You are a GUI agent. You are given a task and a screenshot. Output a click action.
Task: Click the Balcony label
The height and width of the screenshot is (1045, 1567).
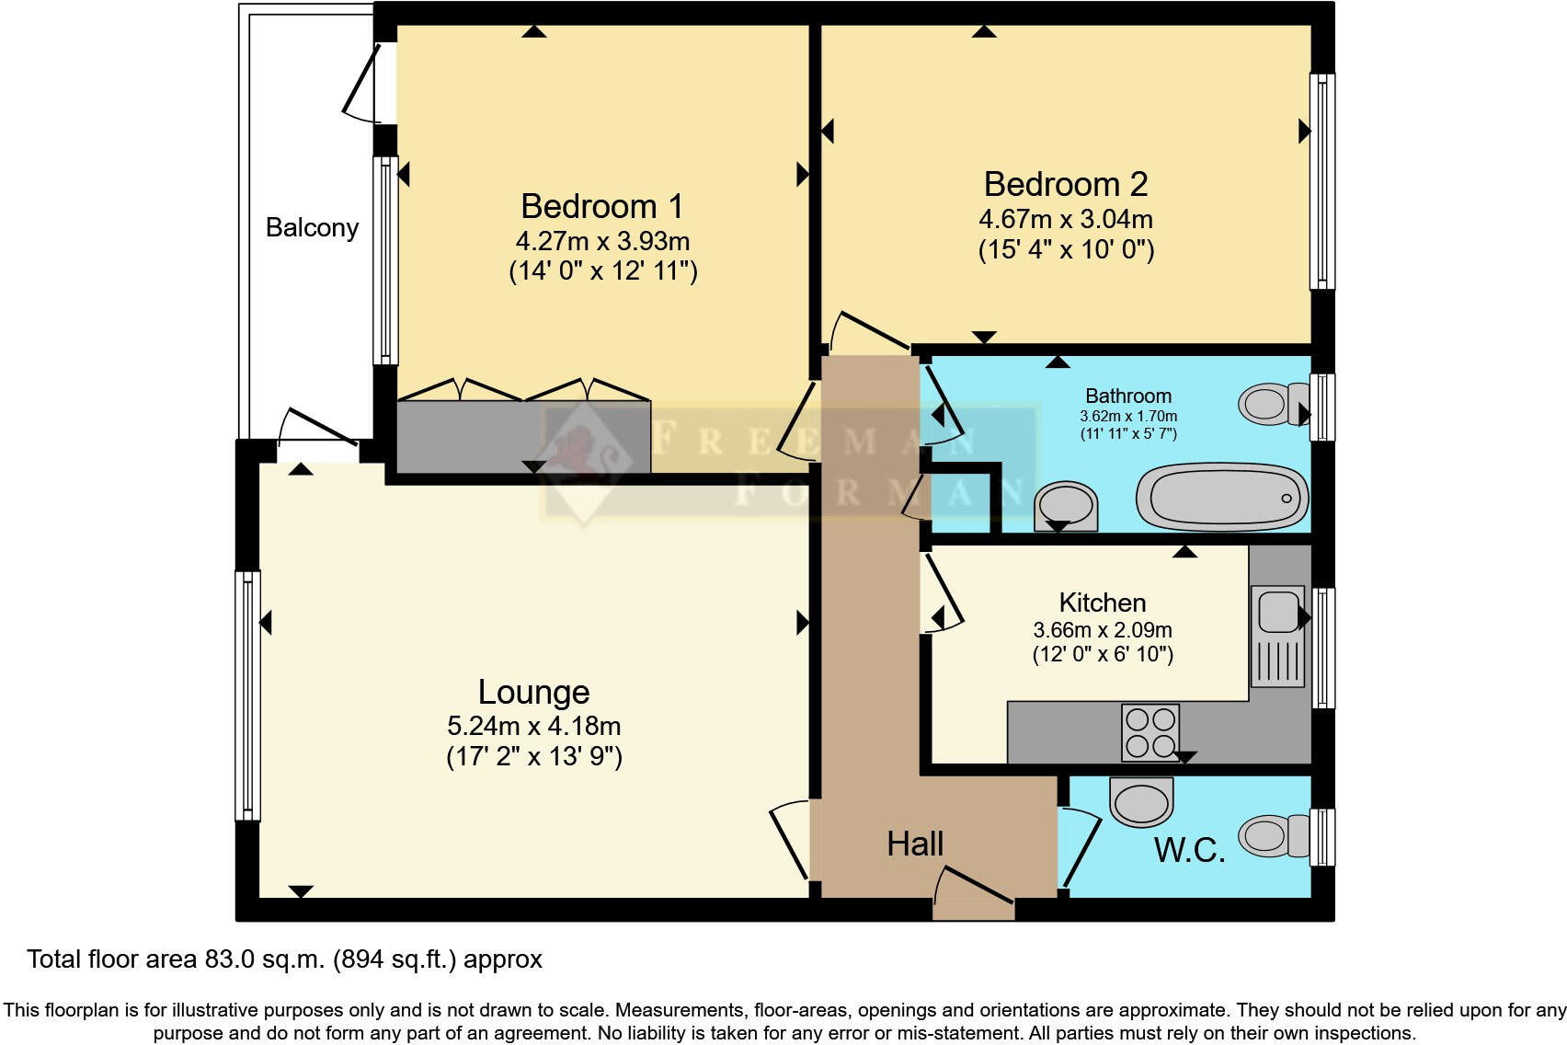tap(312, 227)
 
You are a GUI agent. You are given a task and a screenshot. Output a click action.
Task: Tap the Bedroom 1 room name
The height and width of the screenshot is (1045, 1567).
tap(601, 206)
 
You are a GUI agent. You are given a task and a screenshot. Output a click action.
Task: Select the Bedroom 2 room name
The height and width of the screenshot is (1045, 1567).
tap(1066, 184)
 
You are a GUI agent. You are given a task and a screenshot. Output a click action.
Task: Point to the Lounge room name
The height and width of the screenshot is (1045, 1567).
tap(533, 692)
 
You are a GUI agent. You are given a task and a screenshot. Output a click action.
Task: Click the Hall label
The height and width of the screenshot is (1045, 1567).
tap(915, 844)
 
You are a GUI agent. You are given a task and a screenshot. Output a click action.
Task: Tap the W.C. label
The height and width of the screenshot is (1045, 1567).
tap(1189, 850)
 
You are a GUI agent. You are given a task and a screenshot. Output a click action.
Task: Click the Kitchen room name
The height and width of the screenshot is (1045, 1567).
tap(1103, 603)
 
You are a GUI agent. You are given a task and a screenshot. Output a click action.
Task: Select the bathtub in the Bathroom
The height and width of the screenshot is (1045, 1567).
tap(1222, 498)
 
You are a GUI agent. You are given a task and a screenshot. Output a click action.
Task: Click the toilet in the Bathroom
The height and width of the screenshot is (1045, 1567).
tap(1273, 404)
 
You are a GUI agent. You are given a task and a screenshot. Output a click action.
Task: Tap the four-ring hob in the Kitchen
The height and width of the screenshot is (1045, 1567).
tap(1150, 731)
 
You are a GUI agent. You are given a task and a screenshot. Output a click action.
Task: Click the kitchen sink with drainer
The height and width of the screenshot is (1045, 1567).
tap(1276, 636)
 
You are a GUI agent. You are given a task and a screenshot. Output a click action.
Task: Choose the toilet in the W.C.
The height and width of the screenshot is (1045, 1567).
tap(1273, 835)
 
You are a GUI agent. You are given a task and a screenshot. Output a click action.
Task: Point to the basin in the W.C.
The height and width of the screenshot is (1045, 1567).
tap(1142, 800)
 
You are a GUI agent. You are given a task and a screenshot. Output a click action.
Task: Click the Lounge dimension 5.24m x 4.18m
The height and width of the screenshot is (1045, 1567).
tap(533, 726)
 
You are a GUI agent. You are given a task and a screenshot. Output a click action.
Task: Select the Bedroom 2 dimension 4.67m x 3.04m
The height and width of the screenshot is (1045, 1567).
tap(1066, 219)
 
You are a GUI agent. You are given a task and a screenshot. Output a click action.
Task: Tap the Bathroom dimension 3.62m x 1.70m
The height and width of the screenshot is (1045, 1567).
tap(1127, 416)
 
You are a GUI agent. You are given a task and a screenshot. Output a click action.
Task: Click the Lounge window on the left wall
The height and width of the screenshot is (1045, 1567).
tap(247, 695)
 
